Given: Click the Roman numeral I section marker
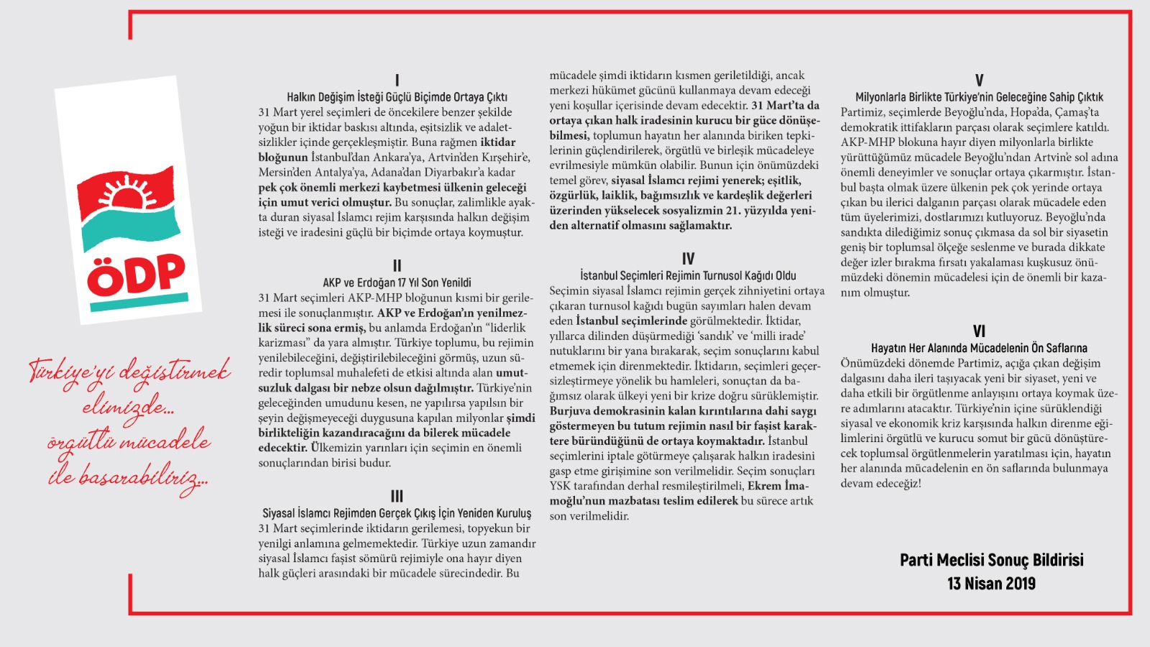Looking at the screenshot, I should coord(397,81).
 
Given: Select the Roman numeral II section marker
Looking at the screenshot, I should coord(397,266).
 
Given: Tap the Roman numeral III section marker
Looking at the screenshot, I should coord(397,497).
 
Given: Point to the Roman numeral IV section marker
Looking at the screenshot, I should coord(688,259).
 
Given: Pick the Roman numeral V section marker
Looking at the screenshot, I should coord(979,81).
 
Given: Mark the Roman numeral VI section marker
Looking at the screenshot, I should coord(979,331).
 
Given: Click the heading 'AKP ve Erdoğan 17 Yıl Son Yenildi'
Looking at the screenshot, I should coord(397,283).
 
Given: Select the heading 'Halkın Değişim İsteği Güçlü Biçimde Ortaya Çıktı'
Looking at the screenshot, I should coord(397,97).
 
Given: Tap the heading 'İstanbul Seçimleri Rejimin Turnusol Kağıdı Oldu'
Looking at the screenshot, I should coord(688,275).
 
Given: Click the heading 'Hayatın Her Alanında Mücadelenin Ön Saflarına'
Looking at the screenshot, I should coord(979,348).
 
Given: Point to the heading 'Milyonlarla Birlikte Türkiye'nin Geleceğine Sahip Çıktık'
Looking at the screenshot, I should coord(979,97).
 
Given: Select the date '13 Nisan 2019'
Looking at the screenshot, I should coord(991,584).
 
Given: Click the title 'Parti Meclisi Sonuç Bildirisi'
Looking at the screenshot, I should coord(991,560).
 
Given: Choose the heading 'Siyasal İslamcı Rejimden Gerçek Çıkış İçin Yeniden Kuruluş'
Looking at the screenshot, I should coord(397,513).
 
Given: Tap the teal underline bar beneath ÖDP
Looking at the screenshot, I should coord(139,303).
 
